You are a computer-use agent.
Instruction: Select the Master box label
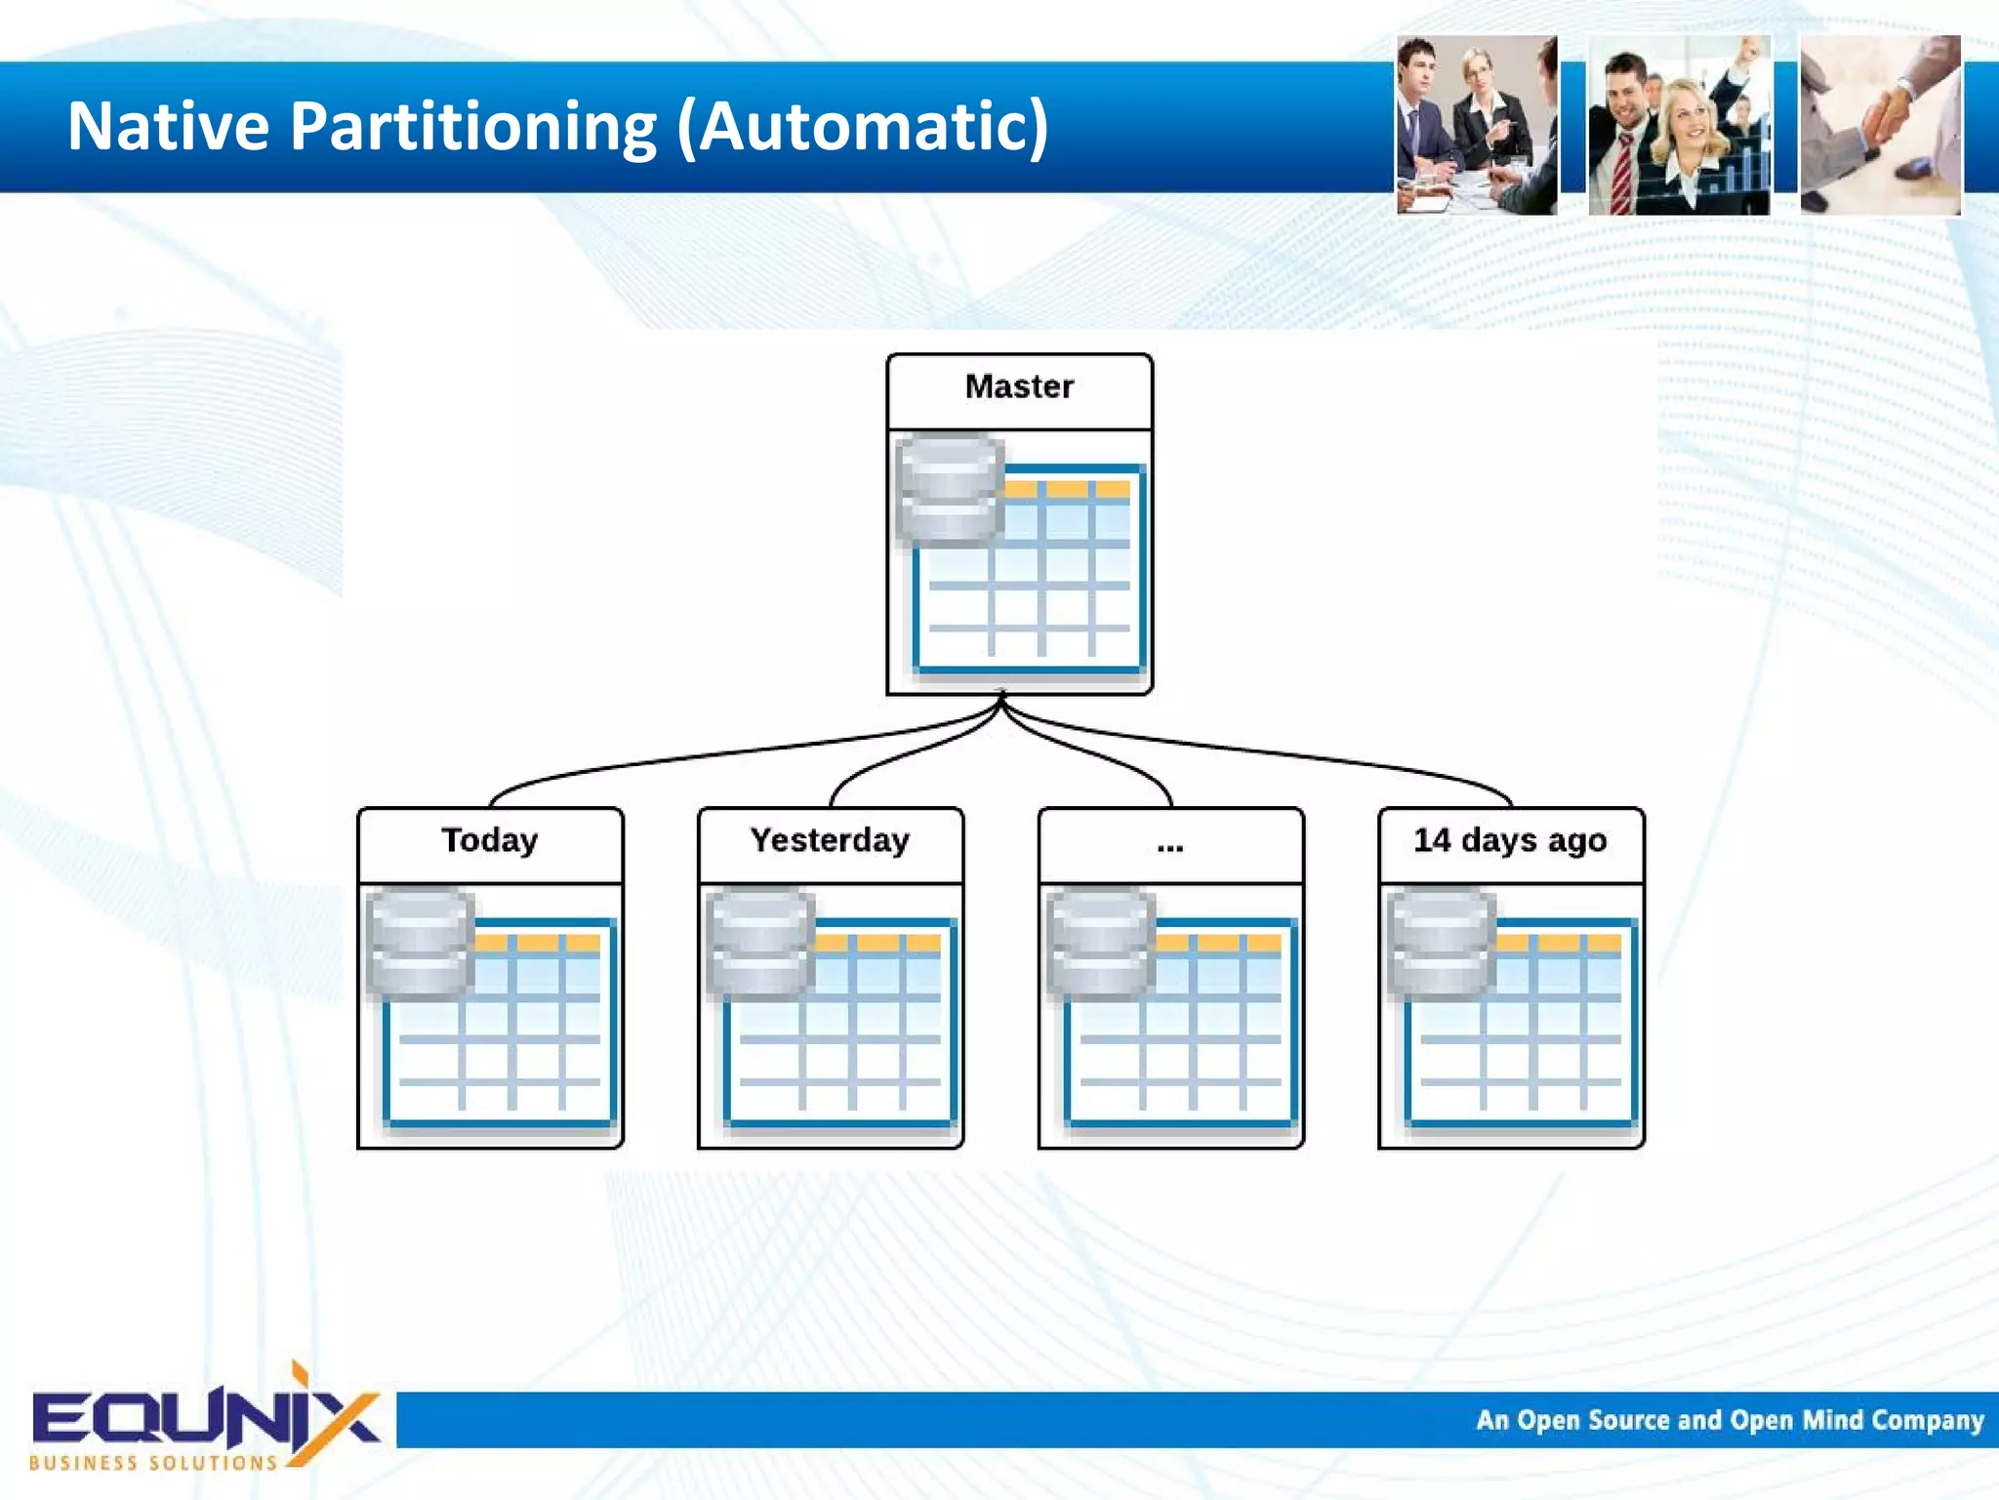point(1019,387)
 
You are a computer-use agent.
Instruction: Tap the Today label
point(489,841)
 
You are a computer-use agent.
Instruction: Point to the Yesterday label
point(830,841)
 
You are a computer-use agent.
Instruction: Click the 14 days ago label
point(1510,841)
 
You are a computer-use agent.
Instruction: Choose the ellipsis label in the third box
point(1169,845)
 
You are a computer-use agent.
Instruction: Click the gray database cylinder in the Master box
point(949,488)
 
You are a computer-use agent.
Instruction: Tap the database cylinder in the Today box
point(420,943)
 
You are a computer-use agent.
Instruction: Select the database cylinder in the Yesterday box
point(760,943)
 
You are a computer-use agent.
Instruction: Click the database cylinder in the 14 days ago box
point(1441,943)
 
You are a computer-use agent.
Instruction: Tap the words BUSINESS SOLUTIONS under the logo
point(153,1463)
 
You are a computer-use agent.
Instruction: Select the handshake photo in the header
point(1880,125)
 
